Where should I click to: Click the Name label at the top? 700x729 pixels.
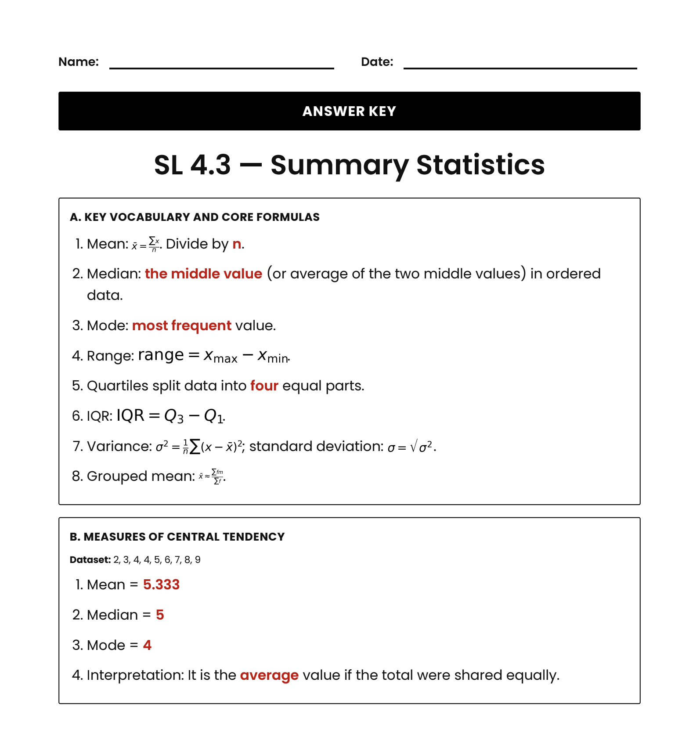pos(79,62)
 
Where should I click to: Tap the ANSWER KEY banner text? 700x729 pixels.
pos(349,111)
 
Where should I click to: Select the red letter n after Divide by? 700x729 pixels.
pos(237,244)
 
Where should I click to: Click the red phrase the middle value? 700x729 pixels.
pos(203,274)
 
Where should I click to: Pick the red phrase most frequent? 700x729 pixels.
pos(181,325)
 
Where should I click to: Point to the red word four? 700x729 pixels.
pos(264,386)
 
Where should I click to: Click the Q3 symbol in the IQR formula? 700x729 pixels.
pos(173,415)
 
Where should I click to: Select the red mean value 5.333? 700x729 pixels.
pos(161,585)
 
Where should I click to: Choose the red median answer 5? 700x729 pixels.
pos(160,615)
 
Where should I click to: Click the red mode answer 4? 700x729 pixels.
pos(147,645)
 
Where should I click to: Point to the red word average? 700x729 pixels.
pos(269,675)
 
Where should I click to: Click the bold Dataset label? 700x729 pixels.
pos(90,560)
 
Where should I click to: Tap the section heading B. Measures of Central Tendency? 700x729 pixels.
pos(177,537)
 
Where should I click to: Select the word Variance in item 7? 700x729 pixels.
pos(119,446)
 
